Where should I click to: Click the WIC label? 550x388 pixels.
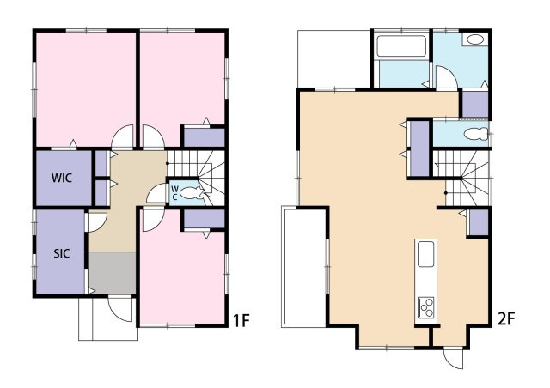click(x=62, y=178)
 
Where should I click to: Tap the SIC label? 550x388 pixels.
click(x=61, y=253)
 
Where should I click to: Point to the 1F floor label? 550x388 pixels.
click(x=241, y=321)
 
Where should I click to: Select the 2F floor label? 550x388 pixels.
click(x=506, y=319)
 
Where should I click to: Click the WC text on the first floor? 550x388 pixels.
click(x=174, y=192)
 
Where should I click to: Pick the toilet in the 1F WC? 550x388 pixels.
click(x=192, y=193)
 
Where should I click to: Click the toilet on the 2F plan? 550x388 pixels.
click(x=476, y=134)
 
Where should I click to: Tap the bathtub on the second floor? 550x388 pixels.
click(x=401, y=45)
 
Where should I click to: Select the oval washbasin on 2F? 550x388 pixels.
click(x=475, y=39)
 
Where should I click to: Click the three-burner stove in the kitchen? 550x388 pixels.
click(x=426, y=306)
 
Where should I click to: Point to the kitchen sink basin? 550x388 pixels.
click(x=426, y=254)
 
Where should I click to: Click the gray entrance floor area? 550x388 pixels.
click(x=112, y=273)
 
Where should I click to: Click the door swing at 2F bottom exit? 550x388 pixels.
click(x=453, y=359)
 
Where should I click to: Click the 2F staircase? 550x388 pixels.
click(x=461, y=179)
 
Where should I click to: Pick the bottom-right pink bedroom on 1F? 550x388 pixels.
click(x=182, y=277)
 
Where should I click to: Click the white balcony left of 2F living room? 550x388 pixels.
click(x=303, y=267)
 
